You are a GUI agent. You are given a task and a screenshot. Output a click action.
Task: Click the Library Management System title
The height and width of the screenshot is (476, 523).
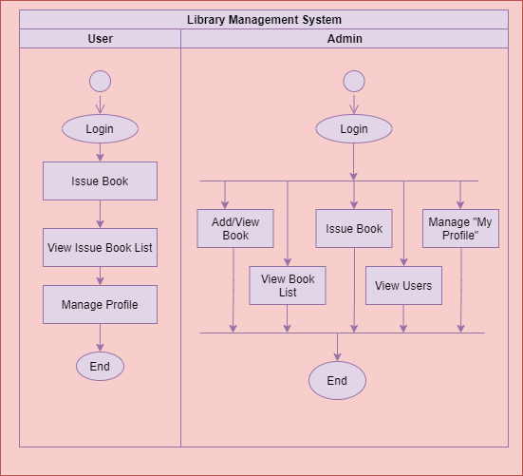(264, 19)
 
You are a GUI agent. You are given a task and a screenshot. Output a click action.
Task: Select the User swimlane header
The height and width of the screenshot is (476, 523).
(100, 39)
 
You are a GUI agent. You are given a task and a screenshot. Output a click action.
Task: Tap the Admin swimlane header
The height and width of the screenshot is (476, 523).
(344, 39)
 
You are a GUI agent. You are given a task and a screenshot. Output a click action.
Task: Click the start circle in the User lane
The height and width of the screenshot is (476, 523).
(100, 82)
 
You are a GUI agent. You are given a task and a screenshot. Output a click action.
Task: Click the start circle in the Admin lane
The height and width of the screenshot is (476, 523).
(354, 82)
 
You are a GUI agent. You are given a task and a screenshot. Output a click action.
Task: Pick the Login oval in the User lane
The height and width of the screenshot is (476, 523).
(100, 129)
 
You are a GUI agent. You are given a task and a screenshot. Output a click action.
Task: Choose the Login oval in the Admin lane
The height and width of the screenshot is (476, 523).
(354, 129)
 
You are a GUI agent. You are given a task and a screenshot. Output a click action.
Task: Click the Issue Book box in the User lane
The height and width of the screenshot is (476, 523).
(100, 181)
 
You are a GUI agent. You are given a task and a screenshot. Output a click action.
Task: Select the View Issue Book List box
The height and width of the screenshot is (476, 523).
(100, 248)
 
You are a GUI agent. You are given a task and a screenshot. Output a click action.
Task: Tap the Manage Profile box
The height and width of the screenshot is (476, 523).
(100, 305)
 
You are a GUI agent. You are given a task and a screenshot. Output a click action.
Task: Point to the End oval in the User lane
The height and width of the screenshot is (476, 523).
(100, 366)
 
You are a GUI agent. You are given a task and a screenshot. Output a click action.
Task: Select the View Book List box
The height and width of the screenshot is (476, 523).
(288, 285)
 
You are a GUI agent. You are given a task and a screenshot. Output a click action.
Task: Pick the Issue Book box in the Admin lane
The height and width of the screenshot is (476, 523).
(354, 228)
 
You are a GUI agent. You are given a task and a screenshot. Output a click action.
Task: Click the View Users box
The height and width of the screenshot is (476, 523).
(403, 285)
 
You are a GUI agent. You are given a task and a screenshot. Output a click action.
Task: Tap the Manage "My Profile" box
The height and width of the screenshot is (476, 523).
(460, 228)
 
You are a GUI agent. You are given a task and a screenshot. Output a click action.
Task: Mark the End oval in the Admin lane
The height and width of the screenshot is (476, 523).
(337, 381)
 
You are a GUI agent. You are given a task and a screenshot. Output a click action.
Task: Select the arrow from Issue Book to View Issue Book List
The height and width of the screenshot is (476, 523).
(100, 214)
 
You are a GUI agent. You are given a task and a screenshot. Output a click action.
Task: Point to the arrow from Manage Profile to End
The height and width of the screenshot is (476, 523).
(100, 338)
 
